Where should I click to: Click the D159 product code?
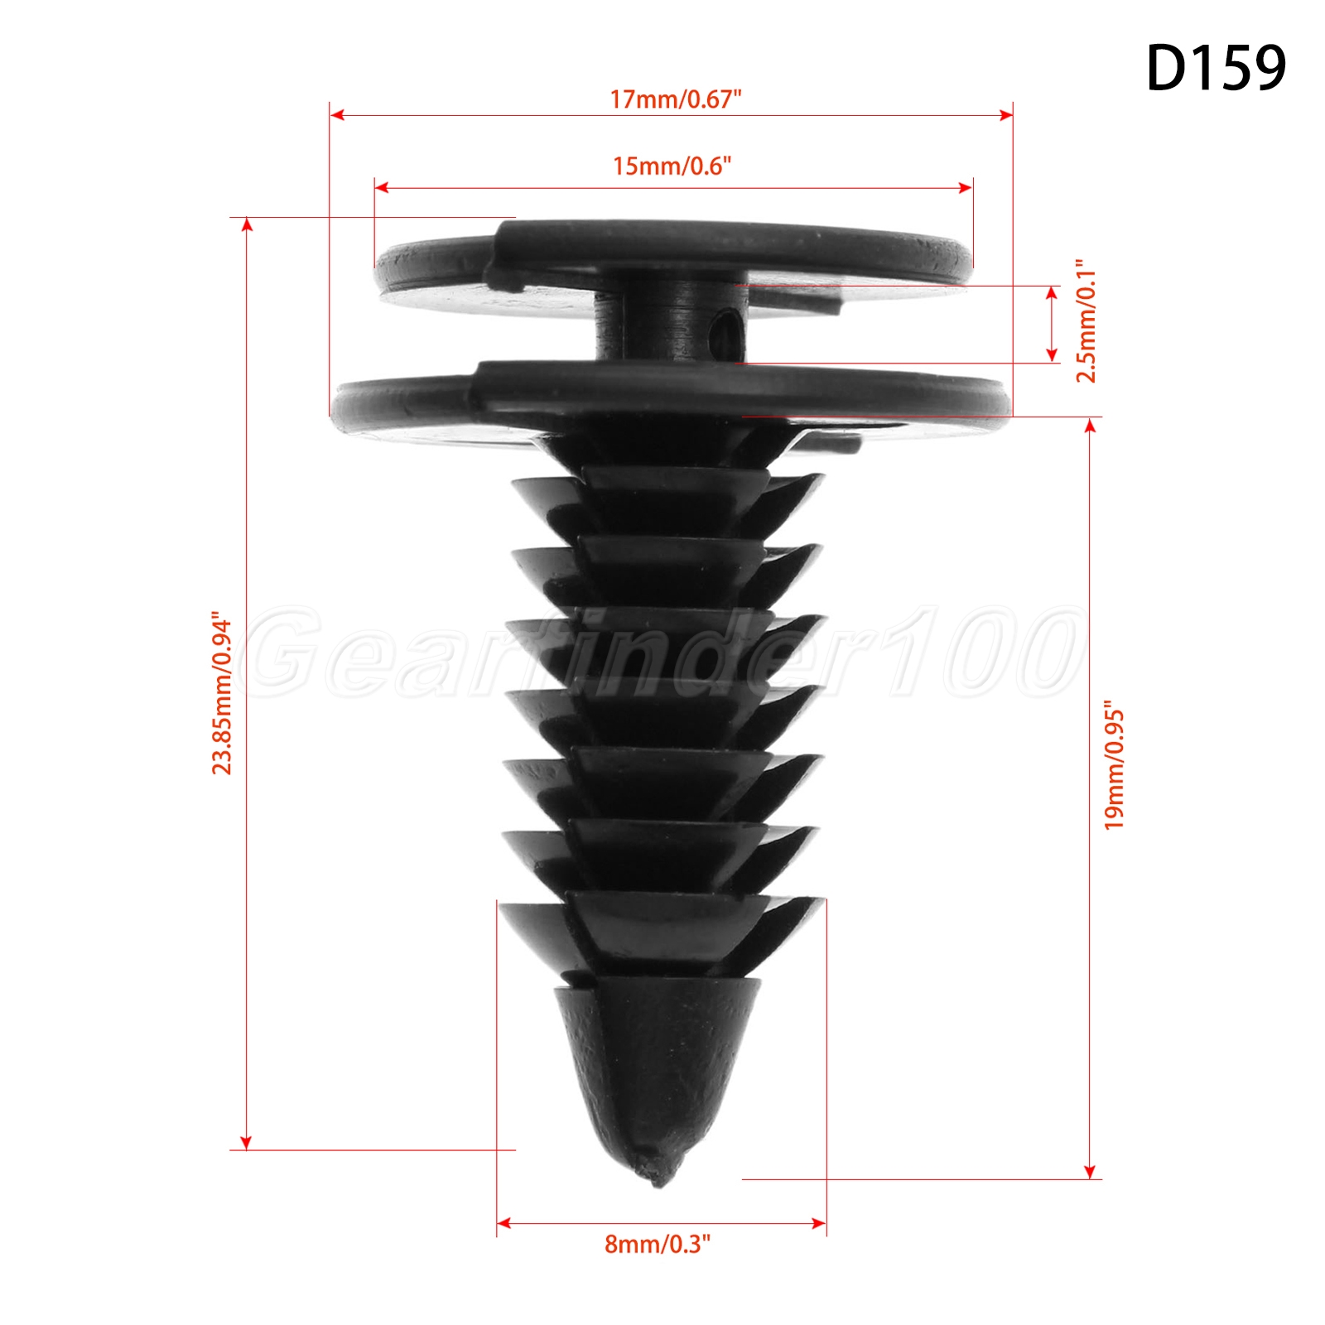coord(1215,68)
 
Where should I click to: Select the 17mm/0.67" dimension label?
coord(675,99)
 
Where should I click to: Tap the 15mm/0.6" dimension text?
coord(672,166)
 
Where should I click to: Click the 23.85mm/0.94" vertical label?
coord(221,693)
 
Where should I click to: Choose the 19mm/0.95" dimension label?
coord(1114,768)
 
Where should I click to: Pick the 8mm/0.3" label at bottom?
coord(658,1244)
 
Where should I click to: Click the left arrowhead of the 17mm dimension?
coord(335,115)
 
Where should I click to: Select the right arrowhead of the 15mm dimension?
coord(966,188)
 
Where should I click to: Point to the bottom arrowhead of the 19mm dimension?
coord(1090,1173)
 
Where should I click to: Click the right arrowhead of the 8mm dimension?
coord(820,1222)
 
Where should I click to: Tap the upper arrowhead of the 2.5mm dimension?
coord(1052,292)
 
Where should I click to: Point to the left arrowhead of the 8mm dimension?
coord(503,1222)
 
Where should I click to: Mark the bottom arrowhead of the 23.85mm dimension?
coord(246,1144)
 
